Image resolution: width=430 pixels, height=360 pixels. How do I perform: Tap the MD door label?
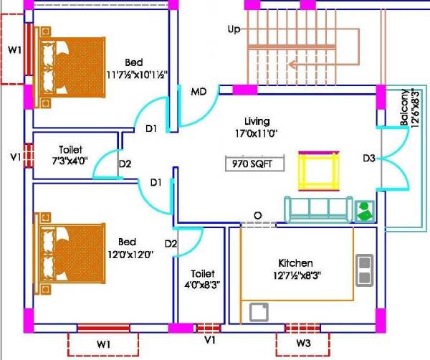tap(199, 92)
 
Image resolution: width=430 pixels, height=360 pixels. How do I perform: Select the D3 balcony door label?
tap(369, 157)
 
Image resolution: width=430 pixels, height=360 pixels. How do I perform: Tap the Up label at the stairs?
tap(234, 29)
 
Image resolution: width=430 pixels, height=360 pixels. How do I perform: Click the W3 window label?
tap(303, 344)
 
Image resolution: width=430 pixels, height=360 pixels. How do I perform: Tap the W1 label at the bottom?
tap(104, 344)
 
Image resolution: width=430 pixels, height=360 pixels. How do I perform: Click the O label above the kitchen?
tap(257, 216)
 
